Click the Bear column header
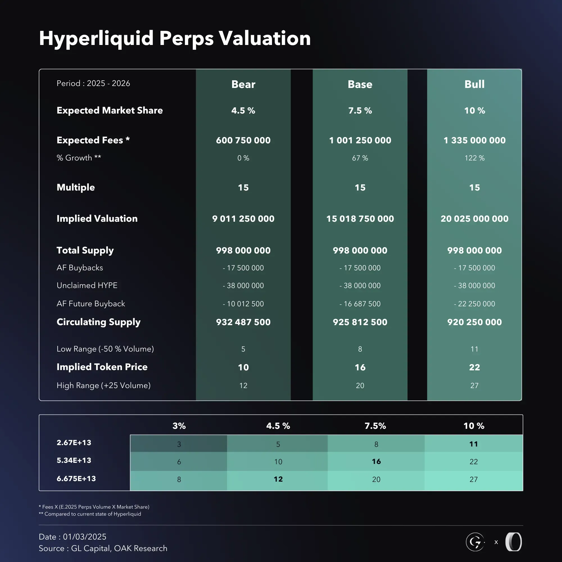(243, 84)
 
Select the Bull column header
(474, 84)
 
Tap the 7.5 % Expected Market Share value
(360, 110)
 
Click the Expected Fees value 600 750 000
(243, 140)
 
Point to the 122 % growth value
(474, 158)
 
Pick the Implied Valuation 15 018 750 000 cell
(360, 219)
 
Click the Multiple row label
(76, 187)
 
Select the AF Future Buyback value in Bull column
(474, 304)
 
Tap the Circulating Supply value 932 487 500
(243, 322)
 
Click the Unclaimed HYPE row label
(87, 285)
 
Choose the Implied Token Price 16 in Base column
(360, 367)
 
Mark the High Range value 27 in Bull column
(474, 386)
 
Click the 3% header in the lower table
(179, 426)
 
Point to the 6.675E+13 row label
(76, 479)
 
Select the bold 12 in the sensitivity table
(278, 479)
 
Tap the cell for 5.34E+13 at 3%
(179, 462)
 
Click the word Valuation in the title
(264, 38)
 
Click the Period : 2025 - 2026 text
(93, 83)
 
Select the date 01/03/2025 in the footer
(85, 537)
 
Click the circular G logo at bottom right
(475, 542)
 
